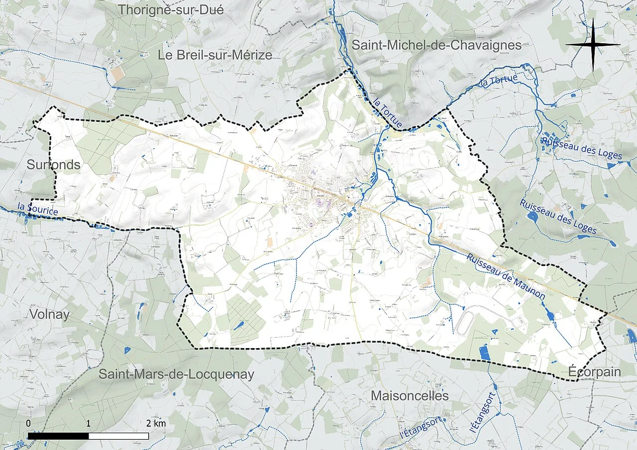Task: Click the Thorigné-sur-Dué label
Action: (x=171, y=9)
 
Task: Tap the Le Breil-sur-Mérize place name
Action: (x=215, y=55)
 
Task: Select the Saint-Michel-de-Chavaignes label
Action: (x=436, y=45)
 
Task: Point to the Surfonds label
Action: (x=53, y=165)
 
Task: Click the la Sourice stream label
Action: (x=37, y=209)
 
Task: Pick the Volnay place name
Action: (x=49, y=314)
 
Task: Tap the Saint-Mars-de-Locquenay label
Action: (x=176, y=374)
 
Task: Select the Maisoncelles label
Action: (x=410, y=396)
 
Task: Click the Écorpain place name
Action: (x=594, y=372)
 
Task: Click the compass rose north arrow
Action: (x=593, y=45)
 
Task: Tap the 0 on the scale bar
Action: (x=28, y=424)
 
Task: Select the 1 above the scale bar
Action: (x=88, y=424)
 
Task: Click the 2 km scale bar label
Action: (x=156, y=424)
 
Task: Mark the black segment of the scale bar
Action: (x=58, y=436)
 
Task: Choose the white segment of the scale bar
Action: (x=118, y=436)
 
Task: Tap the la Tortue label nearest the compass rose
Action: (x=499, y=80)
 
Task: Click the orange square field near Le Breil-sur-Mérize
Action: (x=118, y=75)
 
